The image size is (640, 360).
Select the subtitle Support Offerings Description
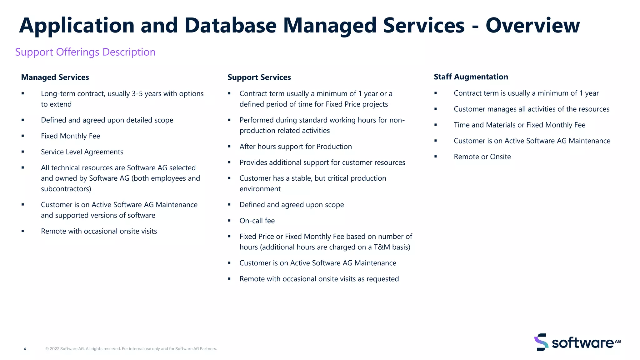tap(85, 52)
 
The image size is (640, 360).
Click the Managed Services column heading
tap(55, 77)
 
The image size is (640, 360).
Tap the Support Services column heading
tap(259, 77)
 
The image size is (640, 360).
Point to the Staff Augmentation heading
tap(471, 77)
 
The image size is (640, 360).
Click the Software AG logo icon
tap(541, 342)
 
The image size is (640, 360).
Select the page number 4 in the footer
tap(25, 349)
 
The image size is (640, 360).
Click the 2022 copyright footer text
tap(131, 349)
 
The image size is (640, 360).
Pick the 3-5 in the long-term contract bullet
tap(137, 94)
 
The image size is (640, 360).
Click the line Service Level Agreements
tap(82, 152)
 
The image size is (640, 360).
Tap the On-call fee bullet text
tap(257, 221)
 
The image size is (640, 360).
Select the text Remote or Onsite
tap(482, 157)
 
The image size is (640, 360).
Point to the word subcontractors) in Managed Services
tap(66, 189)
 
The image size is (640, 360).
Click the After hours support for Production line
tap(295, 147)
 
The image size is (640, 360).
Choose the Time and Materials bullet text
tap(519, 125)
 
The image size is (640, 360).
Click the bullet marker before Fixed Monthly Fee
tap(23, 136)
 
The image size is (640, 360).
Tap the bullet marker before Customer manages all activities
tap(436, 109)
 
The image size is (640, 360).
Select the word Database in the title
tap(230, 26)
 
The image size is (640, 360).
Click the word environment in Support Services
tap(260, 189)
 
